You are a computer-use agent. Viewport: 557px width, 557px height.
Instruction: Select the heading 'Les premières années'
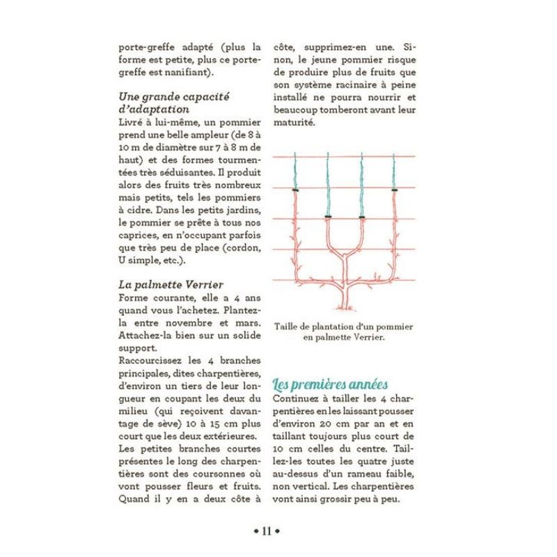(330, 384)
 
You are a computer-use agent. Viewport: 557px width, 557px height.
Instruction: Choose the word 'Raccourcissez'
(153, 361)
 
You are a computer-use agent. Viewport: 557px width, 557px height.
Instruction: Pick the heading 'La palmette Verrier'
(161, 285)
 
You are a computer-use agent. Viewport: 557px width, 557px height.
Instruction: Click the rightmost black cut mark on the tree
(394, 189)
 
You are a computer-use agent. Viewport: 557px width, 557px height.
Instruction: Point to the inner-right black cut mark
(361, 217)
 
